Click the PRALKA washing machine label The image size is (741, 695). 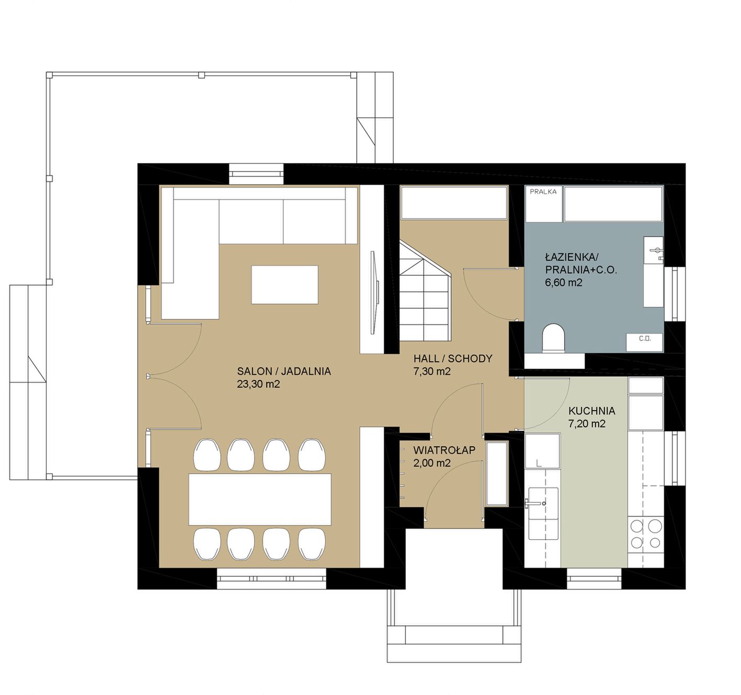[543, 192]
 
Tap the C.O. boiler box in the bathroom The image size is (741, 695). [644, 342]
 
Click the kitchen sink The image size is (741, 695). [543, 513]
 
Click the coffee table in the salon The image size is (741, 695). [284, 284]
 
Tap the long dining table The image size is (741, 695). [260, 499]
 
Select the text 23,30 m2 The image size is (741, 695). [258, 384]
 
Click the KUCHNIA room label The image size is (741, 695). [592, 411]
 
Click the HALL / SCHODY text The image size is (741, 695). [452, 358]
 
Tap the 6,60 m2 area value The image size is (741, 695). [563, 282]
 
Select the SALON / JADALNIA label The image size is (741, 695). [284, 372]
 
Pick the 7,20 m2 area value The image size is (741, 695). [587, 424]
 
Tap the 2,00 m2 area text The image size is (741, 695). [432, 463]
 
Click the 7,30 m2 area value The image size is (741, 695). [432, 372]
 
